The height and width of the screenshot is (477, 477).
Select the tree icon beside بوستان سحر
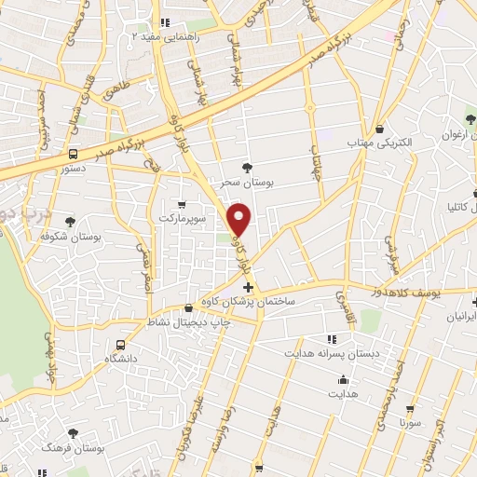pos(246,168)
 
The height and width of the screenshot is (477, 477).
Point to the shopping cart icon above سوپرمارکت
pos(182,204)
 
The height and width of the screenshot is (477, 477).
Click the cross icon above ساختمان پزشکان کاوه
pos(247,288)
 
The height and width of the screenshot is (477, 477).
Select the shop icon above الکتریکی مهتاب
pos(382,129)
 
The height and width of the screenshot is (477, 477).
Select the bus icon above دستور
pos(73,155)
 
